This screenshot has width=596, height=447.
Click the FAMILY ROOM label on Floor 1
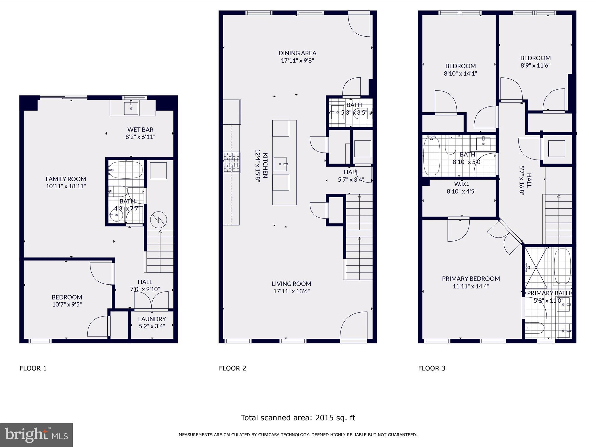(x=66, y=179)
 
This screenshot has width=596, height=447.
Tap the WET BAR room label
(x=140, y=130)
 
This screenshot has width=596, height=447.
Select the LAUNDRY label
(x=152, y=319)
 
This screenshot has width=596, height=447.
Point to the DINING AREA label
(x=297, y=53)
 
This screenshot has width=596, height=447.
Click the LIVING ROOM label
(x=292, y=284)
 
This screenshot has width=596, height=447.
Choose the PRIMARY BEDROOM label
(x=471, y=279)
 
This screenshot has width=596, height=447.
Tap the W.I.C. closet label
(x=462, y=184)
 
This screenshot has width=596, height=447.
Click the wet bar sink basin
(x=131, y=108)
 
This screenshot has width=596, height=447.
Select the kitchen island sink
(x=281, y=164)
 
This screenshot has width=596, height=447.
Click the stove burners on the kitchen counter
(x=232, y=162)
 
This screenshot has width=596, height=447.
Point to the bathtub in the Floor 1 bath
(x=126, y=170)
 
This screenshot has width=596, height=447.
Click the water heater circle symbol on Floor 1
(x=159, y=220)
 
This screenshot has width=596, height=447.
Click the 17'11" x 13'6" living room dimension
(x=292, y=291)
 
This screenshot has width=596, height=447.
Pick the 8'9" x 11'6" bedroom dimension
(x=535, y=65)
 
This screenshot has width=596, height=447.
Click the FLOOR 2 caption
(x=233, y=368)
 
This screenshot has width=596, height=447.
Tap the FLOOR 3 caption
(x=432, y=368)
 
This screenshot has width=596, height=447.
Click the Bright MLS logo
(x=36, y=435)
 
